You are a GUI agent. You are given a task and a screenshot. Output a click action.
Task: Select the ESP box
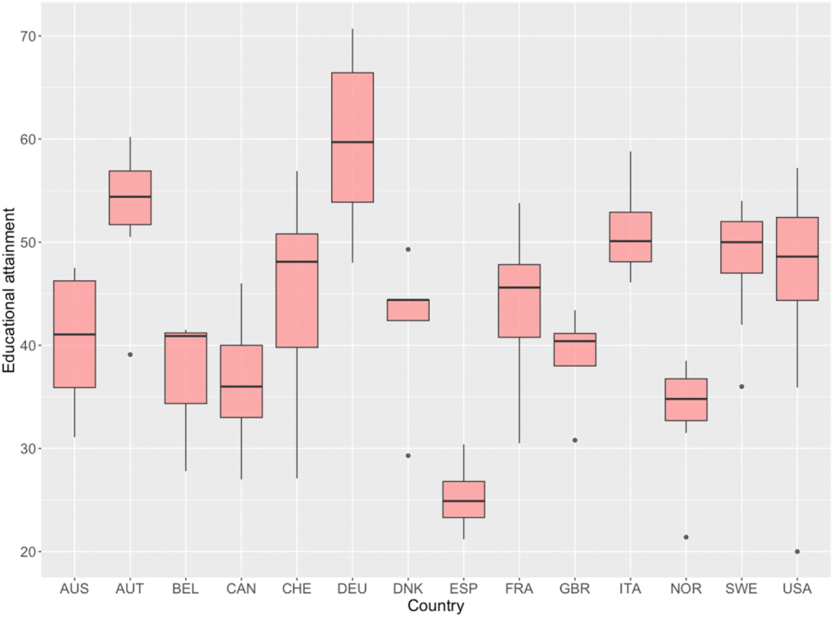(463, 499)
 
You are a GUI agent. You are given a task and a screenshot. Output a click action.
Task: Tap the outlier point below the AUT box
(130, 355)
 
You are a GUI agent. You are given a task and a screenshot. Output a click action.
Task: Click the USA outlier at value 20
(796, 552)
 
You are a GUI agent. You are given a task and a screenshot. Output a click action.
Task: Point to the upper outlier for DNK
(408, 249)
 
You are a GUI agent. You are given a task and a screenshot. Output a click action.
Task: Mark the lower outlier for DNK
(408, 456)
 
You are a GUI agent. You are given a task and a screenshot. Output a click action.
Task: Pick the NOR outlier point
(686, 537)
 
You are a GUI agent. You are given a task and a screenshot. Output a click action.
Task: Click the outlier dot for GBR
(575, 440)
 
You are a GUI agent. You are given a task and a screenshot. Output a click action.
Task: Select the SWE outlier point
(741, 386)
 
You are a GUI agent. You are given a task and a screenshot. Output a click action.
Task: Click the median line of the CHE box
(297, 262)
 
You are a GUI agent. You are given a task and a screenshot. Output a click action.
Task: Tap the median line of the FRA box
(519, 288)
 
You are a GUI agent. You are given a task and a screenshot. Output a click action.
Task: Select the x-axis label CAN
(240, 589)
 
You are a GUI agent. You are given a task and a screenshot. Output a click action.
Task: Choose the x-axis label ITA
(630, 589)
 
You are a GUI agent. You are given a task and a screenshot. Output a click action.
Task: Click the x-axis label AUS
(74, 589)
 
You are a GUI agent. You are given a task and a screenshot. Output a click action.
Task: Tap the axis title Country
(435, 607)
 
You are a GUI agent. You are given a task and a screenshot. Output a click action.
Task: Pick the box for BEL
(185, 368)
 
